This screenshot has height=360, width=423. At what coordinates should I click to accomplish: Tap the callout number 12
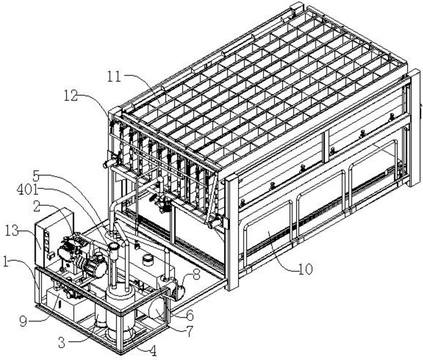[x=70, y=96]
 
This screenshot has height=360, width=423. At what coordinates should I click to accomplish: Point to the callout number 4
[x=154, y=351]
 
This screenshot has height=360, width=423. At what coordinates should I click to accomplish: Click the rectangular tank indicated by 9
[x=71, y=303]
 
